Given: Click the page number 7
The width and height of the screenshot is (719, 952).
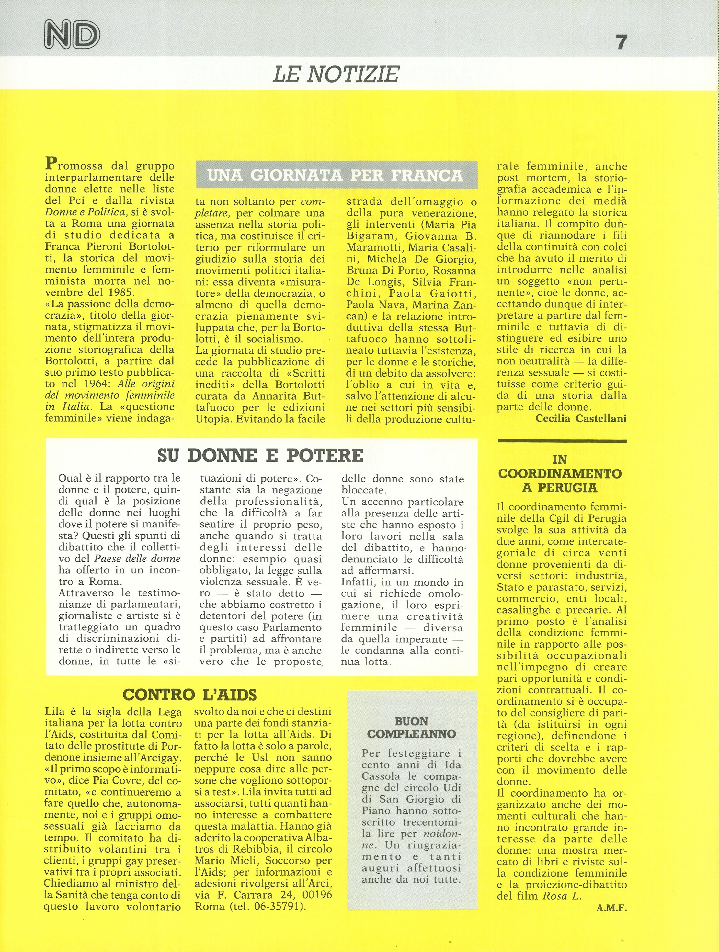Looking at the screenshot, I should click(621, 42).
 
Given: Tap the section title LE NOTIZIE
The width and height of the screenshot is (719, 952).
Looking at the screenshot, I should click(336, 74).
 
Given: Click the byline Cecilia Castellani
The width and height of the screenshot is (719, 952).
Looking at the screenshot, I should click(581, 418).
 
